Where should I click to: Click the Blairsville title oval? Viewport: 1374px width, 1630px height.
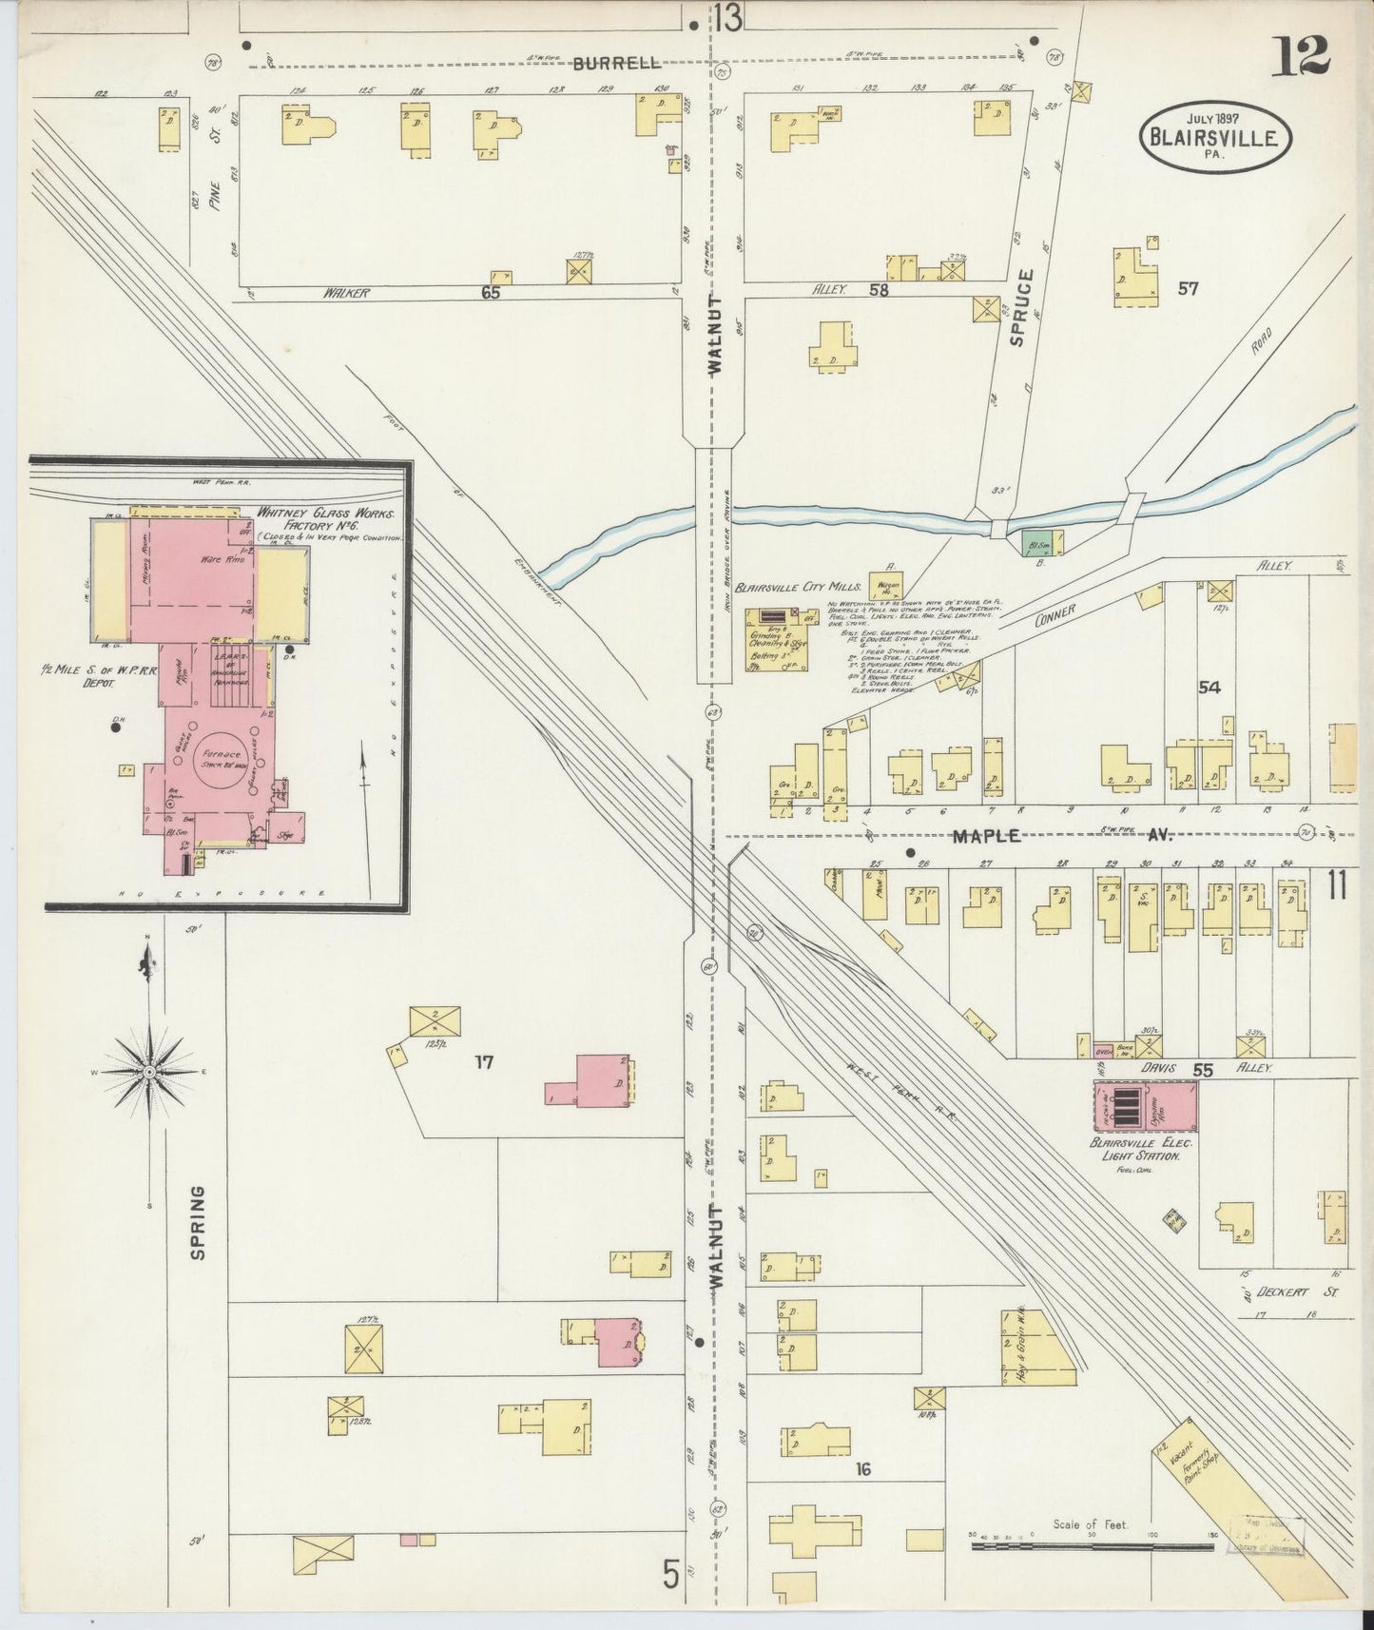pyautogui.click(x=1216, y=135)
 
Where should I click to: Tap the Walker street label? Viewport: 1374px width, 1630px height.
pyautogui.click(x=344, y=293)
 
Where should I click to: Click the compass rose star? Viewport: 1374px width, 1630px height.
pyautogui.click(x=149, y=1072)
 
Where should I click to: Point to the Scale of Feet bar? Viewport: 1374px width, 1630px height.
pyautogui.click(x=1092, y=1547)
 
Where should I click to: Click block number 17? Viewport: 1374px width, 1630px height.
pyautogui.click(x=484, y=1061)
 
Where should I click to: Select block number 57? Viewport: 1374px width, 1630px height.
pyautogui.click(x=1188, y=288)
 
